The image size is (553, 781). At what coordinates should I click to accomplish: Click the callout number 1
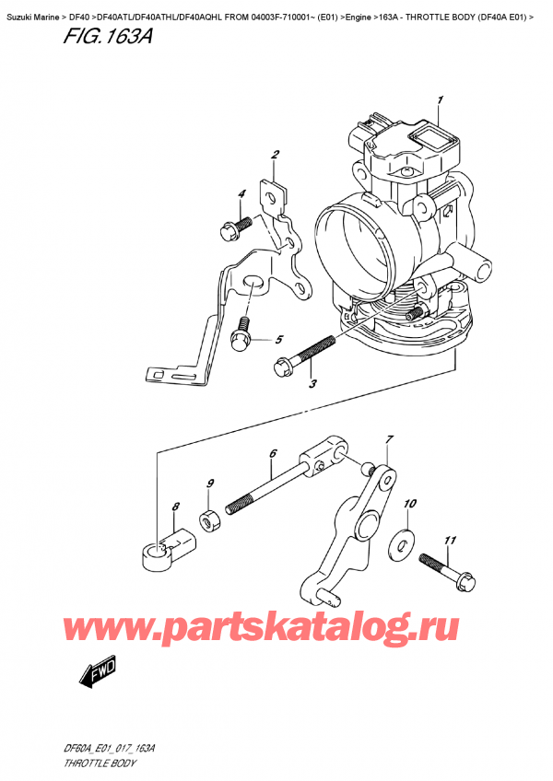(441, 99)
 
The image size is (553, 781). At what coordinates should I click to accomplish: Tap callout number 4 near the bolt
(242, 193)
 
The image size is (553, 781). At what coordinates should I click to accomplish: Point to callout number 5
(278, 339)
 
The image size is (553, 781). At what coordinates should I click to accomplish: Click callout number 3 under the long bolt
(312, 384)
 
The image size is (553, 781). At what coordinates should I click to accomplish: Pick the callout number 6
(273, 453)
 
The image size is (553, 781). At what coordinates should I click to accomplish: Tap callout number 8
(175, 505)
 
